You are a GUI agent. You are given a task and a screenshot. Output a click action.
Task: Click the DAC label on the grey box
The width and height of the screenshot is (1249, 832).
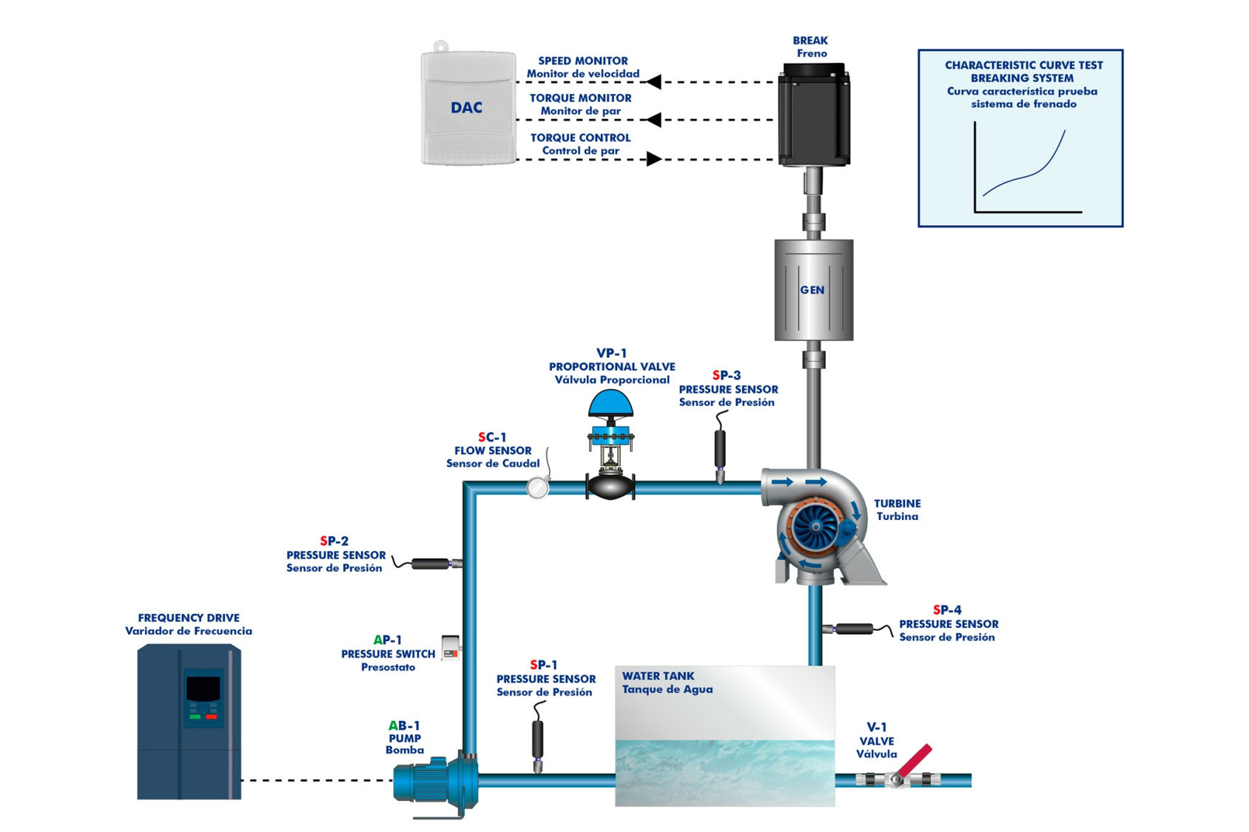click(466, 108)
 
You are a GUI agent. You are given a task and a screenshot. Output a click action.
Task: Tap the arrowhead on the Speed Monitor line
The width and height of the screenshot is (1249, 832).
click(653, 81)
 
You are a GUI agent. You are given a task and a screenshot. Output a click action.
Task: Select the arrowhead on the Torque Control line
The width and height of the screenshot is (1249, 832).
click(653, 159)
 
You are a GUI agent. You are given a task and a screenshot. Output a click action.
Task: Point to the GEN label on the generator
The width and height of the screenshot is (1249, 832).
click(812, 290)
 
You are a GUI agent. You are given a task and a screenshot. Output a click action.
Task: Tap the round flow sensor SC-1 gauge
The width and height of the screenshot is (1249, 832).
click(537, 487)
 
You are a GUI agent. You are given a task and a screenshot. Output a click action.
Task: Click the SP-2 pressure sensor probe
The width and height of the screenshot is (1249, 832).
click(431, 564)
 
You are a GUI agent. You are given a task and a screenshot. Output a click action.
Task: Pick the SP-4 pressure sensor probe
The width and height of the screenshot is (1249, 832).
click(854, 629)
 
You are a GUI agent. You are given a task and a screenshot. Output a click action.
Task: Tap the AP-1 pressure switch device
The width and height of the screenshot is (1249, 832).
click(450, 647)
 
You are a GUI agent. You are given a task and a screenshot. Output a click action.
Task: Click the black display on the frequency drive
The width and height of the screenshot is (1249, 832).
click(203, 689)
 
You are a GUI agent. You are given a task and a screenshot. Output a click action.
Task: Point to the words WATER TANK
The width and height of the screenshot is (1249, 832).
click(658, 676)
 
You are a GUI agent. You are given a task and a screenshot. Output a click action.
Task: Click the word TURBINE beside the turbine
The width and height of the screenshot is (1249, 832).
click(897, 504)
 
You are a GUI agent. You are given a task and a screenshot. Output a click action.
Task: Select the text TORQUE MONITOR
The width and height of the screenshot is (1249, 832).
click(580, 98)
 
